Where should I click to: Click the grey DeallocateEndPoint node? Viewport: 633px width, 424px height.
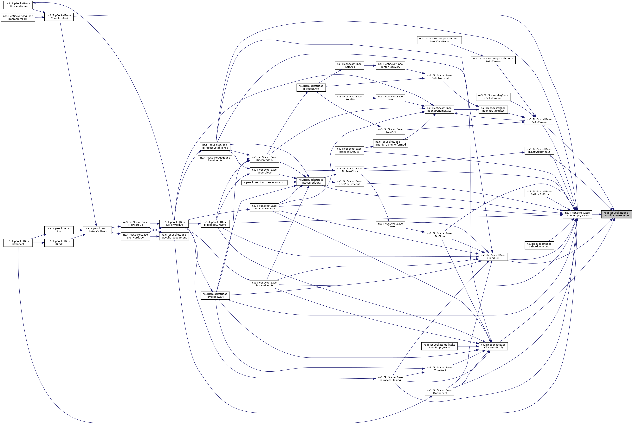tap(616, 214)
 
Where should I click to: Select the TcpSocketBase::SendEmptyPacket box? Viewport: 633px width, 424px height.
tap(577, 214)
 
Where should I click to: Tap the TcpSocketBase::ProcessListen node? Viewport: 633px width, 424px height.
tap(18, 5)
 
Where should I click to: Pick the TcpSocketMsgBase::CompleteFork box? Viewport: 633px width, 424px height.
tap(18, 18)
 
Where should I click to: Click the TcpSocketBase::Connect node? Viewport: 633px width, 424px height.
tap(18, 243)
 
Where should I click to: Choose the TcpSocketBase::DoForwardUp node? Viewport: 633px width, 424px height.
tap(174, 223)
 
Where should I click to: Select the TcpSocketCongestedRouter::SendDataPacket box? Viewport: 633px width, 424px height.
tap(439, 40)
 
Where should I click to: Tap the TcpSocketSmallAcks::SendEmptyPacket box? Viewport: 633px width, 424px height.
tap(439, 346)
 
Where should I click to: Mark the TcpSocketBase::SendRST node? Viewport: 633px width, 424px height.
tap(493, 257)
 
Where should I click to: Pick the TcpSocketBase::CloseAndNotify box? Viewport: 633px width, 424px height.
tap(493, 346)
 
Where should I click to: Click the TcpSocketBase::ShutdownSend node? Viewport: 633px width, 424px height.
tap(539, 245)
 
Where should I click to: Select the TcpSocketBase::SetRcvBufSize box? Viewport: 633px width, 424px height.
tap(539, 193)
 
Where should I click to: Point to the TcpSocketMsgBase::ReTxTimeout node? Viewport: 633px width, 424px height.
tap(493, 96)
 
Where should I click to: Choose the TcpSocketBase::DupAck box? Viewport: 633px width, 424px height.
tap(349, 65)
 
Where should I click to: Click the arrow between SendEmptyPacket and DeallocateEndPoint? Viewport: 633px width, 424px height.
tap(597, 214)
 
